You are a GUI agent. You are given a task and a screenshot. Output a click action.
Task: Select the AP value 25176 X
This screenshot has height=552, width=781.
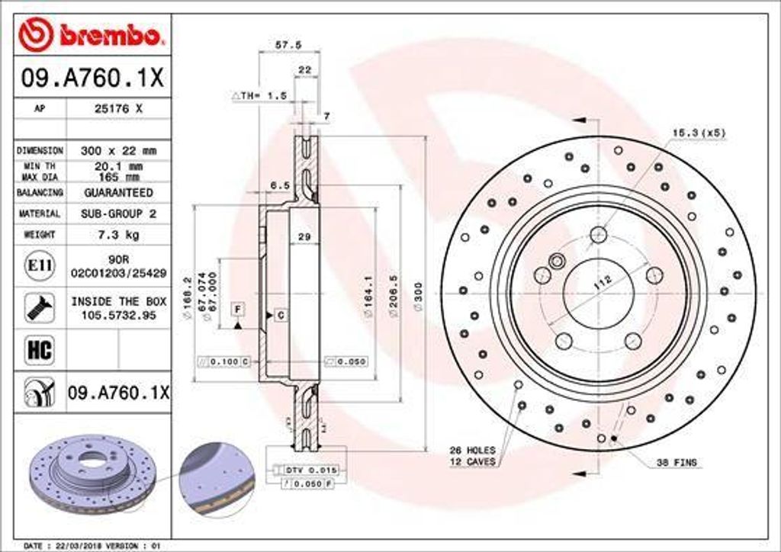click(117, 109)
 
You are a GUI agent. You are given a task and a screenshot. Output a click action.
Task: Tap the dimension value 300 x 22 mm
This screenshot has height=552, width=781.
click(117, 151)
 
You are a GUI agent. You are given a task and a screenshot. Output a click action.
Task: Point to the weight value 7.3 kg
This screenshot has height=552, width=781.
click(117, 235)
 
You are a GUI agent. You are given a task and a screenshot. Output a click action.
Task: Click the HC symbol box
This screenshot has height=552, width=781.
click(39, 350)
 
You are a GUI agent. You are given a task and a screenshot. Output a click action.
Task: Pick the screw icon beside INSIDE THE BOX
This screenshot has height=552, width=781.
click(39, 307)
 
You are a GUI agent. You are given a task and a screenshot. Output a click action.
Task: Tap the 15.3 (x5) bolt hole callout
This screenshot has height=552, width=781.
click(698, 133)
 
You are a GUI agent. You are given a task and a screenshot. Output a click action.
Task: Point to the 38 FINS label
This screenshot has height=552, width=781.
click(677, 463)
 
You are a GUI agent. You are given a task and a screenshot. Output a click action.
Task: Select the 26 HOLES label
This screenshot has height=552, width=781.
click(472, 451)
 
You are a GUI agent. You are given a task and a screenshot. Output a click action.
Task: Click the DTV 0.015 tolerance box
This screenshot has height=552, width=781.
click(310, 470)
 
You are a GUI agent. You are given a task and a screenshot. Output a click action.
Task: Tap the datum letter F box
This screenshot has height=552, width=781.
click(238, 309)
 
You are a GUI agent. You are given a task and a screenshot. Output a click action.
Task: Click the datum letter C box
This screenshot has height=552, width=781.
click(281, 315)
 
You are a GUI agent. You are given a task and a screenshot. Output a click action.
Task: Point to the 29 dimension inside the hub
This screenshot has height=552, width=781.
click(304, 238)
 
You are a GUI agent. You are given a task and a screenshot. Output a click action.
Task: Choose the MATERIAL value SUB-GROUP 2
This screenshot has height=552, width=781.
click(117, 214)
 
